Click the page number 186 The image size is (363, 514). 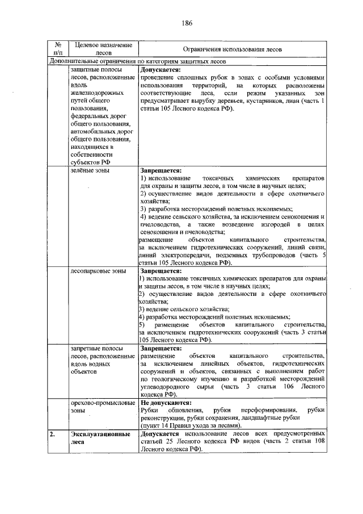[187, 23]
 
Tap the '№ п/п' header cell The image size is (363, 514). [57, 49]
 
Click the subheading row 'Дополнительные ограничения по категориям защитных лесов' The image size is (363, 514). [138, 61]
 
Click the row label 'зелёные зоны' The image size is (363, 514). [90, 169]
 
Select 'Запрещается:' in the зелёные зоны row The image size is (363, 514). [161, 169]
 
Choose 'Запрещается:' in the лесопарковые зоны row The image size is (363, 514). [161, 271]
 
